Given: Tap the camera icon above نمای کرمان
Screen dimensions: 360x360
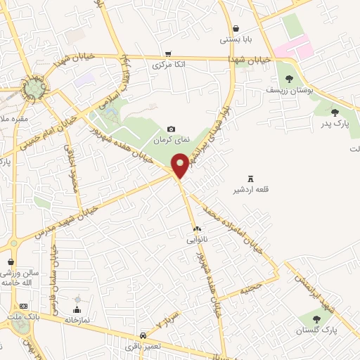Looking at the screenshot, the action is [x=171, y=129].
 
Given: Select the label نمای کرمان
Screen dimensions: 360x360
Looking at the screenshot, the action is [x=172, y=141].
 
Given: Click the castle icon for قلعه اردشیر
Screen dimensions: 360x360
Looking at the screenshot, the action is [x=251, y=179].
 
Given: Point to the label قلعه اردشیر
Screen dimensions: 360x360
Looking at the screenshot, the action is [x=251, y=190].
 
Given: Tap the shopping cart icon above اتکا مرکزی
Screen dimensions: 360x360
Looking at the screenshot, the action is [x=167, y=53].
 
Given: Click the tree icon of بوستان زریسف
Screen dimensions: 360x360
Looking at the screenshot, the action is [x=288, y=79].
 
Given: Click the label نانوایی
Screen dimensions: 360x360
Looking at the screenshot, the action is [x=197, y=240].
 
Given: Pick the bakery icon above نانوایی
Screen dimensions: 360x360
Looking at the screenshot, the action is [x=197, y=229].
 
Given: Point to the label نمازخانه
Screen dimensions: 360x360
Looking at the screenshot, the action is [x=77, y=319].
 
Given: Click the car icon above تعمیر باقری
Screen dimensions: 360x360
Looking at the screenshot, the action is [x=143, y=335].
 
